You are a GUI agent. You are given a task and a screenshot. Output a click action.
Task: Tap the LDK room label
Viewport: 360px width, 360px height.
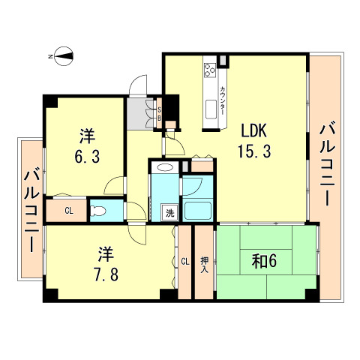coord(253,130)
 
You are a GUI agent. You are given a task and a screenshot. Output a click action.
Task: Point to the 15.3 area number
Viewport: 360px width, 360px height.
coord(254,151)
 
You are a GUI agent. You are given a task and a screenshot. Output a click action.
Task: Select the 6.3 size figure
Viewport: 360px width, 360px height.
coord(87,157)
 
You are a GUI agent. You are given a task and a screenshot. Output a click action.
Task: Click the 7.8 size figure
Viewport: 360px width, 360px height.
coord(106,274)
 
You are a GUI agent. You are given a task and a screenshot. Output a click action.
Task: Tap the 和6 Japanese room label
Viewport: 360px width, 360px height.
coord(264,262)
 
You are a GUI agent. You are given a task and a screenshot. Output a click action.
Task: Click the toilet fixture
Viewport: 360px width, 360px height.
coord(98,211)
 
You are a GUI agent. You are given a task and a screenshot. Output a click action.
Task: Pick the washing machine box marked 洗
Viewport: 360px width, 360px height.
coord(169,213)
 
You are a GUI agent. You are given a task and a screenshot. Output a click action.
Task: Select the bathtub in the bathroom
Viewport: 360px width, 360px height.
coord(197,211)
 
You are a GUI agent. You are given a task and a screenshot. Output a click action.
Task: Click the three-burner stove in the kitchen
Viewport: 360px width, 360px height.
coord(210,70)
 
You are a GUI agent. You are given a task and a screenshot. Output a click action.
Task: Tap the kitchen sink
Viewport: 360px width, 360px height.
coord(211,109)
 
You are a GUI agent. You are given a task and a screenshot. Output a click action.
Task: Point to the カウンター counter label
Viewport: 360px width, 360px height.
coord(222,100)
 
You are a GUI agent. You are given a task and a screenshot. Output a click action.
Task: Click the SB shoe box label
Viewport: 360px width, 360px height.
coord(159,114)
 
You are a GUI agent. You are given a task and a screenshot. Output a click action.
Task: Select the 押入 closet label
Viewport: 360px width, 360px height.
coord(205,265)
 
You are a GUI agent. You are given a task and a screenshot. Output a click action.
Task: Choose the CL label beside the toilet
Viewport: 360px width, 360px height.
coord(69,211)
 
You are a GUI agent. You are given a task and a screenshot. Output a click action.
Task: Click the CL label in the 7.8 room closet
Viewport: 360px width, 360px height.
coord(185,262)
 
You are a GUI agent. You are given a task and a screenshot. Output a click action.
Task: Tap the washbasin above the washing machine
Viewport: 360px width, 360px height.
coord(165,167)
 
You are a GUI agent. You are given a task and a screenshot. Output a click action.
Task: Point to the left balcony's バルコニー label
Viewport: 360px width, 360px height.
coord(32,211)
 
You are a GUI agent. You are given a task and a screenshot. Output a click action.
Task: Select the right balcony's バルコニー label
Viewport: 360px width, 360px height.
coord(327,163)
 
